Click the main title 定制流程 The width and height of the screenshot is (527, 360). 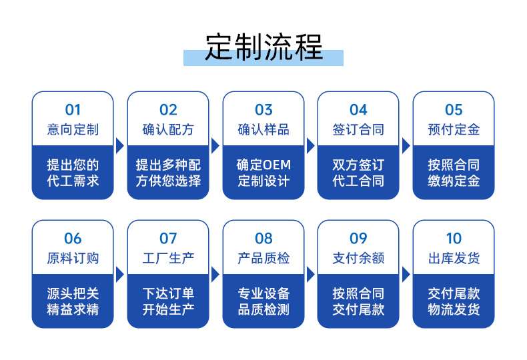(263, 47)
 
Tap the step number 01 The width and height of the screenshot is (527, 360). (73, 110)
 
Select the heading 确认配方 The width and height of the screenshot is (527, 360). (168, 129)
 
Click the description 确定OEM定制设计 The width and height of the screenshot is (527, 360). (263, 173)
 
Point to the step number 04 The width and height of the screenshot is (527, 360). (358, 110)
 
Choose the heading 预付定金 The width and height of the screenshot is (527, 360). (454, 129)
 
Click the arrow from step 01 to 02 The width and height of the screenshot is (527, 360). (120, 146)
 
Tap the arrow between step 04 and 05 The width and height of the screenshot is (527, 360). (406, 146)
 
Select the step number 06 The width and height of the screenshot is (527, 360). (73, 239)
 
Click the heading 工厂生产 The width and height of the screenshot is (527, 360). (168, 258)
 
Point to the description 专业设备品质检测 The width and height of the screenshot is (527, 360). (263, 301)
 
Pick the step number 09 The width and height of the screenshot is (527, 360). (358, 239)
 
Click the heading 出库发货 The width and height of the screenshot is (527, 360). (454, 258)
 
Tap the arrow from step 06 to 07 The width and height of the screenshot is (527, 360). (120, 275)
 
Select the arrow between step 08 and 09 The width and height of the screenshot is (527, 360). (311, 275)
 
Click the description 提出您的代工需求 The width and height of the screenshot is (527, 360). (73, 173)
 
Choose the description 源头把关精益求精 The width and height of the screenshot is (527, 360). (73, 301)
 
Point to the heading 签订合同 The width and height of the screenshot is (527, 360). (358, 129)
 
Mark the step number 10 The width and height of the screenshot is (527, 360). (454, 239)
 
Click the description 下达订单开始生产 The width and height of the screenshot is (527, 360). (168, 301)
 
